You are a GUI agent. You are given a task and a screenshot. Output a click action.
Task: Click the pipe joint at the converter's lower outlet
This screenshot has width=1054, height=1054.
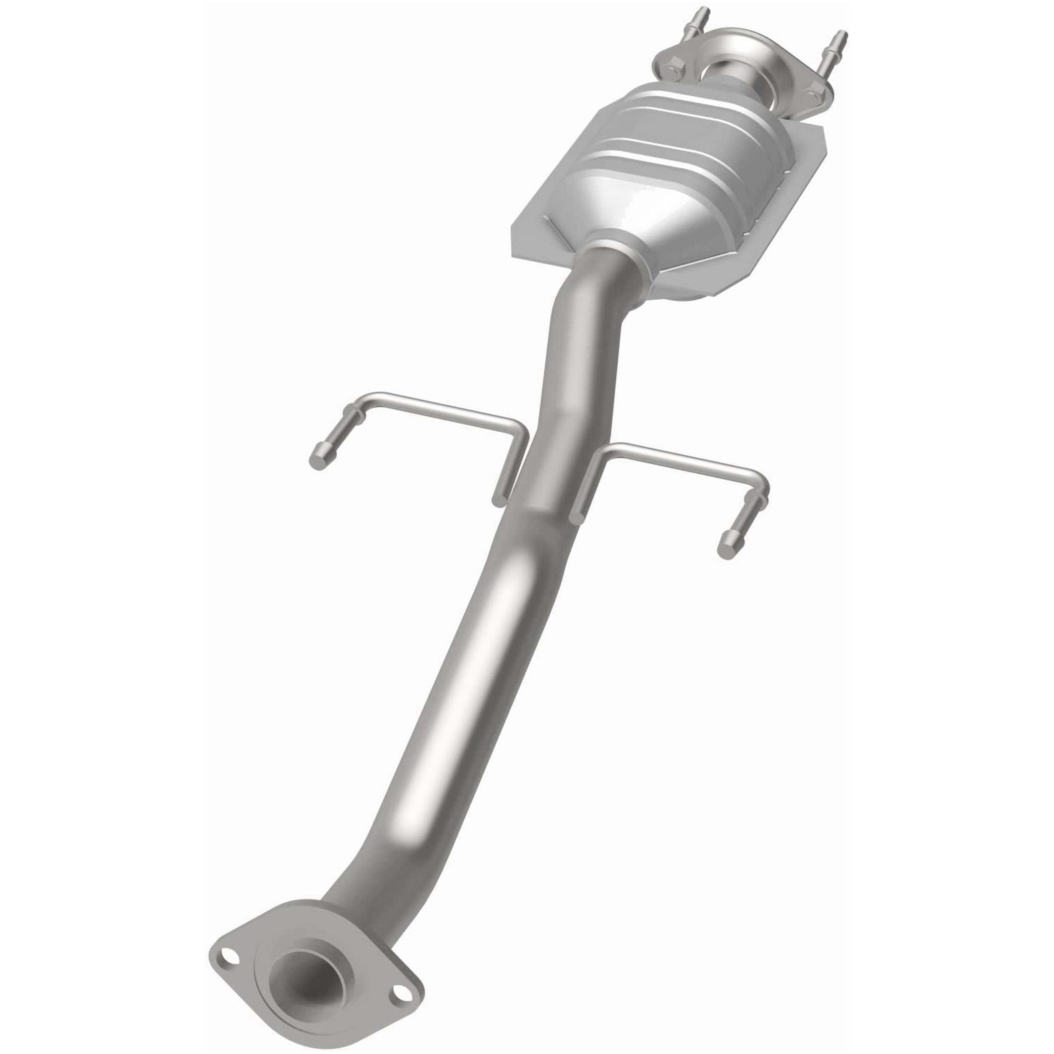(611, 262)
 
